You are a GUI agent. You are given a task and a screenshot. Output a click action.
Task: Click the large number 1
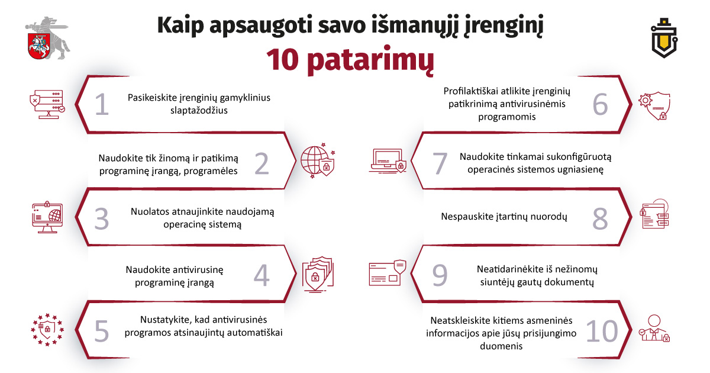point(102,104)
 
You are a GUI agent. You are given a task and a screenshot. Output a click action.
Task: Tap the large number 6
point(600,104)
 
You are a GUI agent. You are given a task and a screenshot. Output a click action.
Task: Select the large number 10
point(602,331)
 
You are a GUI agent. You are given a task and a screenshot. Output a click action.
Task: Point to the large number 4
point(262,275)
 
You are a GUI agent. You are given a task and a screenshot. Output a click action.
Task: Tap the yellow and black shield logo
point(664,38)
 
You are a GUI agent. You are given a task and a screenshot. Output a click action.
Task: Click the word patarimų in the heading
point(370,60)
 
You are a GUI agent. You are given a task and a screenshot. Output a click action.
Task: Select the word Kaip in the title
point(180,25)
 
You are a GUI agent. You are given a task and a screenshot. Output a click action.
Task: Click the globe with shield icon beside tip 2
point(318,160)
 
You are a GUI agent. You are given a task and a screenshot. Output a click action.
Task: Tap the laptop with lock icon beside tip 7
point(388,161)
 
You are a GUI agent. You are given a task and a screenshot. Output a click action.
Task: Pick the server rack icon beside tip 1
point(47,104)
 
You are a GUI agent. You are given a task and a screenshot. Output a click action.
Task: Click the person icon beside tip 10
point(654,328)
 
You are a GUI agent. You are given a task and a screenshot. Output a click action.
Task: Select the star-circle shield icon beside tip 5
point(47,330)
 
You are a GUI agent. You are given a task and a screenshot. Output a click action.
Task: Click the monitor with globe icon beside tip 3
point(47,218)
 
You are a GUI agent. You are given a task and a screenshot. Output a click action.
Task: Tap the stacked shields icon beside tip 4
point(318,274)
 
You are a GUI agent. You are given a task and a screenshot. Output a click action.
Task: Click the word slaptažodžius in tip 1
point(199,110)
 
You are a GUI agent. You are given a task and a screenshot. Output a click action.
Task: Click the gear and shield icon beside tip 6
point(654,105)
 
